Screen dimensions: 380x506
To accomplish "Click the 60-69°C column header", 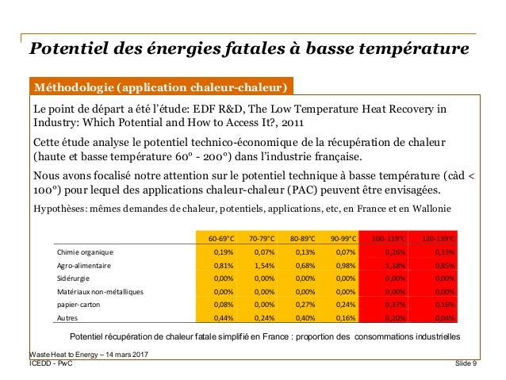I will [x=222, y=238].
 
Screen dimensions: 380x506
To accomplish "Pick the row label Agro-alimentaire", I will [x=83, y=266].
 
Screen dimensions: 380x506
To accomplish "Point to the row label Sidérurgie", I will [x=74, y=278].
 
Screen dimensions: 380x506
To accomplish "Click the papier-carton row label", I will [x=79, y=305].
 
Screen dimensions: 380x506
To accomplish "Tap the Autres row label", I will [x=67, y=318].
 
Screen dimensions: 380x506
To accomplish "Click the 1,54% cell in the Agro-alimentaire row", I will [x=262, y=266].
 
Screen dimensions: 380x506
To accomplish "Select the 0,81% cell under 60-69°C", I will [x=222, y=266].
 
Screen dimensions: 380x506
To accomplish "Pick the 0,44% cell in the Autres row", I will [x=222, y=318].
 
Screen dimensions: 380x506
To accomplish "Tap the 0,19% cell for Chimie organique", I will [x=222, y=252].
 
